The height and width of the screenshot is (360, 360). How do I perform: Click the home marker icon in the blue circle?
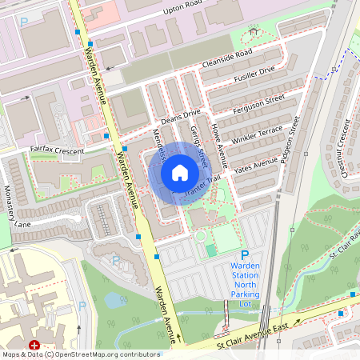tap(180, 173)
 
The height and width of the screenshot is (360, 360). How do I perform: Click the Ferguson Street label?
tap(258, 102)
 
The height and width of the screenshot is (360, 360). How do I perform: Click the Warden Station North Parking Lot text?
tap(245, 284)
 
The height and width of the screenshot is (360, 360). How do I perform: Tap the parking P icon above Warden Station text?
tap(245, 254)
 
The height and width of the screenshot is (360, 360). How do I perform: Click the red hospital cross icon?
tap(35, 345)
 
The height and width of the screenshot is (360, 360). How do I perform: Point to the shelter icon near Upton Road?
tap(254, 30)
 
